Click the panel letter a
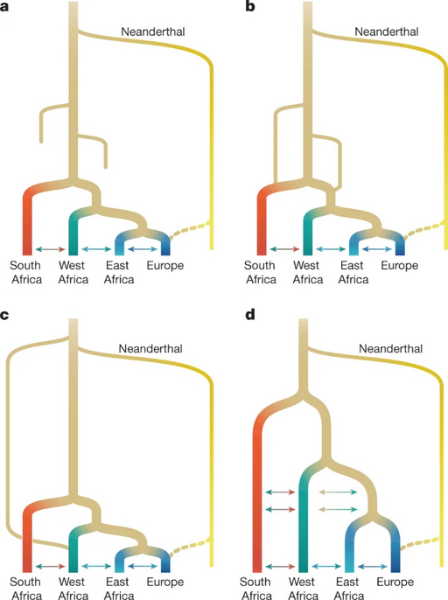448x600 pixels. pos(4,6)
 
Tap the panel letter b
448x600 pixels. pos(250,6)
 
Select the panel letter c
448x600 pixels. pos(4,315)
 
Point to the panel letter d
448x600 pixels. pos(250,315)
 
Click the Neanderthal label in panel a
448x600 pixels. pos(153,31)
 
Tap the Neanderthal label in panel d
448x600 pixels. pos(390,349)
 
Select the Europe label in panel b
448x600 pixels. pos(399,265)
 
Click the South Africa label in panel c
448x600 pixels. pos(26,589)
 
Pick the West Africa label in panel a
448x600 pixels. pos(73,272)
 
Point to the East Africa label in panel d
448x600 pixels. pos(348,589)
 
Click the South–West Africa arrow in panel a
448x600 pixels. pos(50,249)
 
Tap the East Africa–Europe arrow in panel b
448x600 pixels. pos(377,249)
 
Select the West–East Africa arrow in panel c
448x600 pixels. pos(96,566)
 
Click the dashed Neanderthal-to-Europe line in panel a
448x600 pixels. pos(190,229)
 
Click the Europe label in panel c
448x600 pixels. pos(165,582)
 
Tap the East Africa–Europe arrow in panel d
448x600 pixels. pos(373,566)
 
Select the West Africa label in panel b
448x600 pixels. pos(307,272)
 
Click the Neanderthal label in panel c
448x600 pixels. pos(150,349)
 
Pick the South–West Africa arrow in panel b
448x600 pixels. pos(284,249)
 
